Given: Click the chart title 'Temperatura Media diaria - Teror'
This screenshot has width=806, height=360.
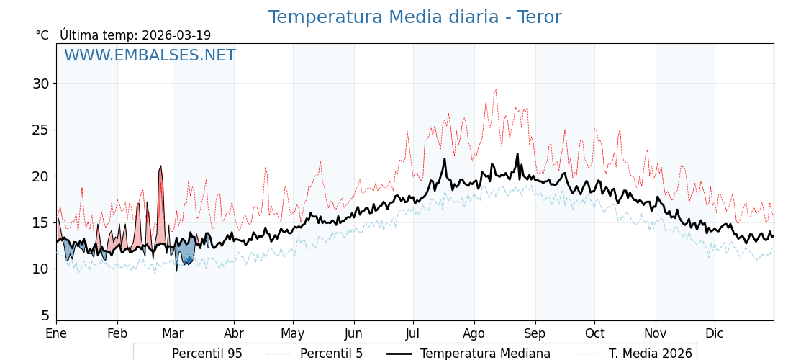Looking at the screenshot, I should [415, 17].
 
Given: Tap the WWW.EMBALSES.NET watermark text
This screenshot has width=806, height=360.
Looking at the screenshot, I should [150, 55].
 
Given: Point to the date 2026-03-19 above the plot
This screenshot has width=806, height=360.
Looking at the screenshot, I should [176, 35].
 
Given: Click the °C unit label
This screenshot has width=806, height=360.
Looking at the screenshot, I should [42, 35].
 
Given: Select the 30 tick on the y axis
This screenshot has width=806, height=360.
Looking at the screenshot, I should [40, 84].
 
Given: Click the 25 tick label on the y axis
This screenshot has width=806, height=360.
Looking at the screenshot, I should [40, 130].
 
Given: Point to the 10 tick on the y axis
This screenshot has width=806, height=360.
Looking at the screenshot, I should [40, 269].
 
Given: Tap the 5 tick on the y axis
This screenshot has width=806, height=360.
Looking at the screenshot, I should [45, 315].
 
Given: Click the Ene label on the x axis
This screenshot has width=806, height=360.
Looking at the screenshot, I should [56, 334].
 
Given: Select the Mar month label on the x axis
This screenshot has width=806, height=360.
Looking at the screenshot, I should [173, 334].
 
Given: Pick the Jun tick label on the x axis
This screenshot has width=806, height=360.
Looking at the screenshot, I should [353, 334].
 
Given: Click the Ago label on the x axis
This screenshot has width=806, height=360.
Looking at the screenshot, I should [474, 334].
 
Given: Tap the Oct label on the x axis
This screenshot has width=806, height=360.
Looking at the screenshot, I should [594, 334].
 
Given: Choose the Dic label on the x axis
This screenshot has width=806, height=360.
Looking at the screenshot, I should [715, 334].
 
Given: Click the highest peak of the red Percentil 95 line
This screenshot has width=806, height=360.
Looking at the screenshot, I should [495, 90].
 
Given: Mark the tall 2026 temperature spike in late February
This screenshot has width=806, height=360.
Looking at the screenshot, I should [160, 166].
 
